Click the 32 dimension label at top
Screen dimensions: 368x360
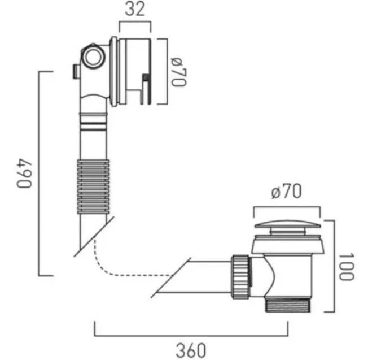point(135,10)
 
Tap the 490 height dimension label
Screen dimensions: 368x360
point(24,174)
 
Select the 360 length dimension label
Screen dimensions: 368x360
point(191,350)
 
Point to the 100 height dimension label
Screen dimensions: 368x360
point(347,267)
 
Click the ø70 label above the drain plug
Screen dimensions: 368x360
point(286,191)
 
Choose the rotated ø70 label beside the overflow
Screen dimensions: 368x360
point(179,72)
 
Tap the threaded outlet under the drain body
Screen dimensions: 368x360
point(288,305)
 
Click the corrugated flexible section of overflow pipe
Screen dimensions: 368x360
point(93,186)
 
